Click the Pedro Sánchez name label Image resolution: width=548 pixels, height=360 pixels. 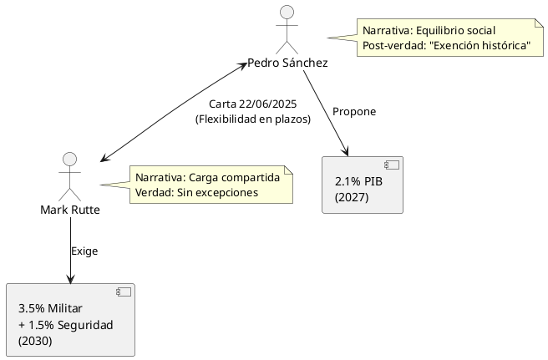coord(287,63)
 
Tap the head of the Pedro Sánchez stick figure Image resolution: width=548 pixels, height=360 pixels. coord(287,12)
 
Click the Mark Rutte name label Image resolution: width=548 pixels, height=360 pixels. coord(70,209)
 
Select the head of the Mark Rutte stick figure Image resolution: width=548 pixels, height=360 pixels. coord(70,160)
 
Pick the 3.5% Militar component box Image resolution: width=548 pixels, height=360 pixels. coord(70,320)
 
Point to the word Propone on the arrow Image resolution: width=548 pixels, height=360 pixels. coord(354,112)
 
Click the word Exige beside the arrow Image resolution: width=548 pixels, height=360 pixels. coord(84,251)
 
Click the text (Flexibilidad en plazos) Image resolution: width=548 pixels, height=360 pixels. coord(252,119)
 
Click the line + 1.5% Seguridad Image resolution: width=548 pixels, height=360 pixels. coord(65,324)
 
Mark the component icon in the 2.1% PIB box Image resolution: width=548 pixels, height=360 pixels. coord(390,165)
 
